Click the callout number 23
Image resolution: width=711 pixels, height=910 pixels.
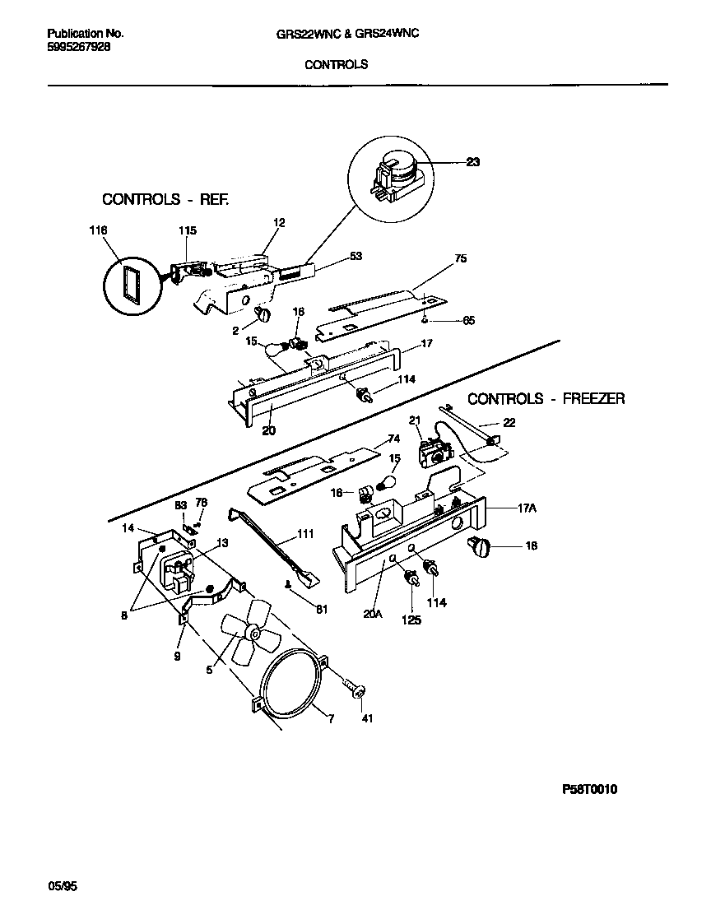[472, 162]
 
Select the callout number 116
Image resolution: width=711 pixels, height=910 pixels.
[98, 231]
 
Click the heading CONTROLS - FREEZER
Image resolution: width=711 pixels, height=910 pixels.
[546, 399]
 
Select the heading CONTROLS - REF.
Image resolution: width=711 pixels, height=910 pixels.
[165, 200]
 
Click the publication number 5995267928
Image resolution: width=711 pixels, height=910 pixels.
[79, 47]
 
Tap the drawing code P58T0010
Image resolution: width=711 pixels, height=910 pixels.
[589, 790]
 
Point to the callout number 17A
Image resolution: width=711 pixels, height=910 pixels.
[527, 508]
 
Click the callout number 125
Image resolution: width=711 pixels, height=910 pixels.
[410, 620]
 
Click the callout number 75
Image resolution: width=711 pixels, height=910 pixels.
[460, 258]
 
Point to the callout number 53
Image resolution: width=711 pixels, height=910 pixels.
[355, 256]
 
